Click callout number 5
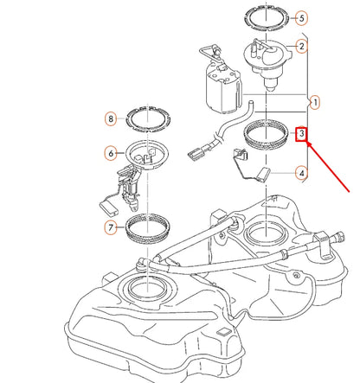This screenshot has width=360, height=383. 301,17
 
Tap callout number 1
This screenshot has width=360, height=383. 315,103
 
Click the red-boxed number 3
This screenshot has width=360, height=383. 301,135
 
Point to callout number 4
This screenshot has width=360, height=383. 301,173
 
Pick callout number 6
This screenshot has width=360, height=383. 111,153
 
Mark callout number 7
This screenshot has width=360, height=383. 111,227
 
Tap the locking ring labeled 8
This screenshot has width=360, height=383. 148,118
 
